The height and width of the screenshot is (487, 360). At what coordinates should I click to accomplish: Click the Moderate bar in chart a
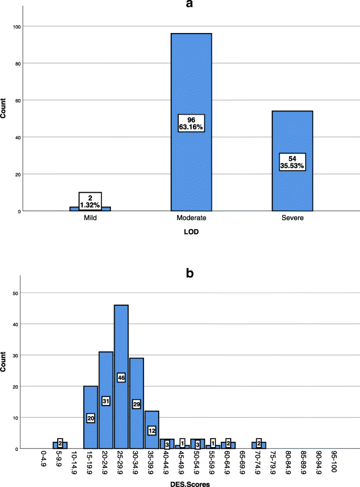point(191,79)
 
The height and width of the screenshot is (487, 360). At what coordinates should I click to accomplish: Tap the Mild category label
point(90,217)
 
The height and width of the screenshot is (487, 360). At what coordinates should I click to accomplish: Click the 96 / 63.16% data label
point(191,123)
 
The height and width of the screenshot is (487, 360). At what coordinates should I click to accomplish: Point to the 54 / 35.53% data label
point(292,162)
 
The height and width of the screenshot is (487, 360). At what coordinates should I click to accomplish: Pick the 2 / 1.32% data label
point(90,200)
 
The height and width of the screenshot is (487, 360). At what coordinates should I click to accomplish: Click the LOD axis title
point(191,231)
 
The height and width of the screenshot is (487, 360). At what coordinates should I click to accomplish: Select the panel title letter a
point(191,5)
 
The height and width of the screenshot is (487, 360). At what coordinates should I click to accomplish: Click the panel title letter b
point(191,273)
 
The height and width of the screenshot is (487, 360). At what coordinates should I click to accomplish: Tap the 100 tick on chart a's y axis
point(16,26)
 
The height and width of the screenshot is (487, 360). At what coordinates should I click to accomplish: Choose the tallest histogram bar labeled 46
point(121,341)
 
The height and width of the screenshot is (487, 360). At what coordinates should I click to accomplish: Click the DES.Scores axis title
point(191,482)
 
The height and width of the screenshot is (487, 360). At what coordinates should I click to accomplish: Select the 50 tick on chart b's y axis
point(16,293)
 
